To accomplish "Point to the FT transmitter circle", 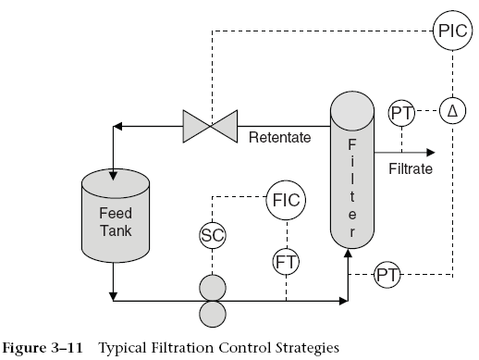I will (x=285, y=262).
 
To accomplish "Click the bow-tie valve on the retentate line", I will (x=210, y=123).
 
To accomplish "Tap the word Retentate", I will (x=279, y=140).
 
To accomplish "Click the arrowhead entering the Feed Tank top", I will (x=113, y=171).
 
